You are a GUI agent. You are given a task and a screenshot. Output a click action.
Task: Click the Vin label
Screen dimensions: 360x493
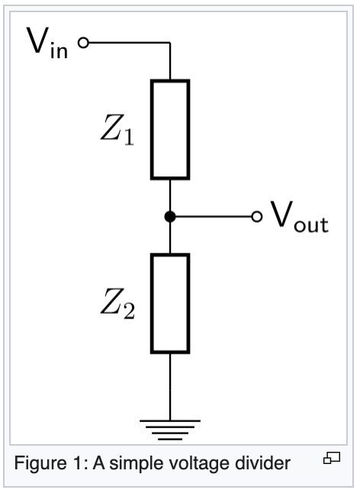coord(47,43)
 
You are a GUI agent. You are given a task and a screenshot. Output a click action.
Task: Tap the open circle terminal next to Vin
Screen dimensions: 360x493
coord(84,43)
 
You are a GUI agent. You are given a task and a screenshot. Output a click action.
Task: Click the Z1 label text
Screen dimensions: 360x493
coord(117,130)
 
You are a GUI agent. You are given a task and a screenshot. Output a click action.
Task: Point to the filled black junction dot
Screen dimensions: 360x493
coord(170,217)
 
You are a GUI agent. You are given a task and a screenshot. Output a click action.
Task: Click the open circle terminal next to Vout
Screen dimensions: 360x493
coord(257,217)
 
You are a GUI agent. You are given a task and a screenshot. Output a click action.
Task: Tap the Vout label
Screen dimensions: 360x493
coord(300,217)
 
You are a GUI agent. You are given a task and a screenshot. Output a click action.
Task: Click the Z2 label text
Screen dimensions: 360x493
coord(117,304)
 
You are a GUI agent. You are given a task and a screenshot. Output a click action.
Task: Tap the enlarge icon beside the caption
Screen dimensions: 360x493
coord(332,458)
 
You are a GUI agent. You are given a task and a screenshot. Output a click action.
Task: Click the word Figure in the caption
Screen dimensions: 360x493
coord(40,463)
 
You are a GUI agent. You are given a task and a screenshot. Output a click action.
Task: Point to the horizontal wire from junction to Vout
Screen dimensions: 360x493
coord(214,217)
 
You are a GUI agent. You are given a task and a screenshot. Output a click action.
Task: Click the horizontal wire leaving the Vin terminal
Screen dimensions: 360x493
coord(130,43)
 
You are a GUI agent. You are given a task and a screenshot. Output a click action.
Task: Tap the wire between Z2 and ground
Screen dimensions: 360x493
coord(170,387)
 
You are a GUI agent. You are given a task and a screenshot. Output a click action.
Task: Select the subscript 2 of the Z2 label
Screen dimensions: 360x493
coord(129,311)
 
